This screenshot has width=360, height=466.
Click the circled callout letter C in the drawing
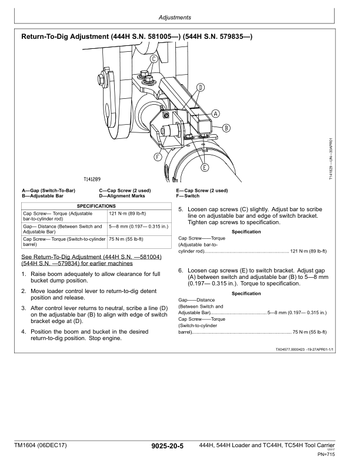[x=154, y=59]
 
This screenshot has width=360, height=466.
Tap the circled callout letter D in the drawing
[x=200, y=88]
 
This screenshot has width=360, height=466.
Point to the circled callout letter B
[x=226, y=128]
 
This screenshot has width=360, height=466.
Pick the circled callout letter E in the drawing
[x=205, y=167]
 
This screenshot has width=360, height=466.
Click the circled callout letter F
[x=158, y=157]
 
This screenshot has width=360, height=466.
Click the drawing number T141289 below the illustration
[x=92, y=179]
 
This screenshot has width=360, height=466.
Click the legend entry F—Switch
[x=188, y=195]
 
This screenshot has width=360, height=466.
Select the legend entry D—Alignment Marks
[x=122, y=195]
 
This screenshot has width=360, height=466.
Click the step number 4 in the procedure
[x=23, y=332]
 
